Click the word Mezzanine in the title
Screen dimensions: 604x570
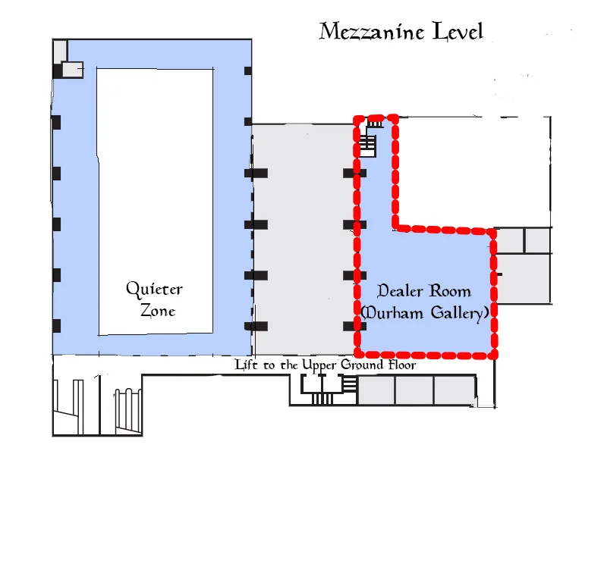372,31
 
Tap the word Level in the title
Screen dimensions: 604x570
458,31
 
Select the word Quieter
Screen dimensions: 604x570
154,290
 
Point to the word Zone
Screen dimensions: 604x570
158,310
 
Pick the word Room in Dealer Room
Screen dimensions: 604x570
450,291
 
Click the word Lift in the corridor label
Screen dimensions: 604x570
246,364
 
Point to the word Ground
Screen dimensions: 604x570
362,365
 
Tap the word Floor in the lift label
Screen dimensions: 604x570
402,365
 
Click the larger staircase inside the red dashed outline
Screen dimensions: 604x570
367,146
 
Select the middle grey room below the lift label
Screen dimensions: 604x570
414,390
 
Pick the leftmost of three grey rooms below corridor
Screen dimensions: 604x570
376,390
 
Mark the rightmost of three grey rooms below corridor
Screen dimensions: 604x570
455,390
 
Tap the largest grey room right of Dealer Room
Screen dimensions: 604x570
524,279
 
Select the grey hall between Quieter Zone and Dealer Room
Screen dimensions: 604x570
304,240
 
